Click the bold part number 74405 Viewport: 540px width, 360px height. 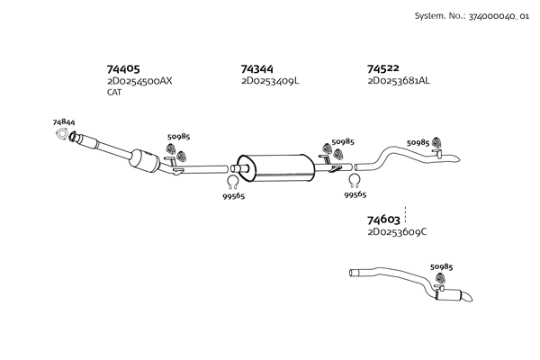coord(123,69)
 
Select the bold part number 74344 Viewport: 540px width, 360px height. coord(256,69)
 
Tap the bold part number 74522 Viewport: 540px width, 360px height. coord(383,68)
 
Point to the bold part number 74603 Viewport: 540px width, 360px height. coord(383,220)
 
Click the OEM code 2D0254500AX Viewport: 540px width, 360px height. coord(139,81)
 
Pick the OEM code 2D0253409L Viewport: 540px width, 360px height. coord(270,81)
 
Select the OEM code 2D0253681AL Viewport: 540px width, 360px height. coord(399,81)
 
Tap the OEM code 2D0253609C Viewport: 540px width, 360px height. coord(397,232)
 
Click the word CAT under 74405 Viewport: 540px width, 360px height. coord(114,93)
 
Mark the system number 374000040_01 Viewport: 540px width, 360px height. coord(499,16)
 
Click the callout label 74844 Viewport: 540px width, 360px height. coord(64,122)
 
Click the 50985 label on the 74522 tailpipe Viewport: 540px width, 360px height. coord(418,142)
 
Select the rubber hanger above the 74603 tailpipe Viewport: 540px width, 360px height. coord(440,278)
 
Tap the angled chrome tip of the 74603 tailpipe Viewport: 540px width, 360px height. coord(466,297)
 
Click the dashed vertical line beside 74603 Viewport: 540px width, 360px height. coord(405,214)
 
